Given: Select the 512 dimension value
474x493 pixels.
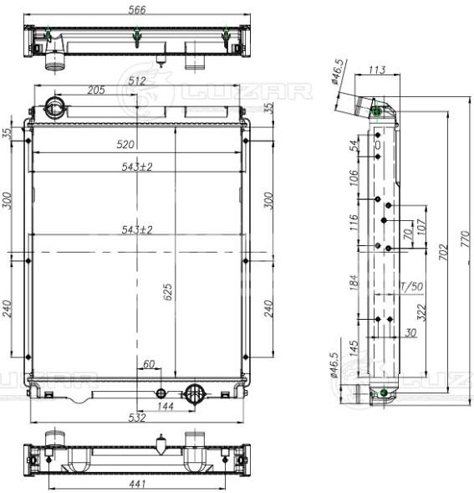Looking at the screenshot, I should click(x=138, y=80).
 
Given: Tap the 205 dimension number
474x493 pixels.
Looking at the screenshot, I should click(x=94, y=90).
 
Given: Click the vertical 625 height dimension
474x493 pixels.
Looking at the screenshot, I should click(x=167, y=290).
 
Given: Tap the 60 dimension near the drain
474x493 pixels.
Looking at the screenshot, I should click(x=149, y=364).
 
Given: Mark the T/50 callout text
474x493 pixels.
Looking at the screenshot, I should click(x=412, y=287).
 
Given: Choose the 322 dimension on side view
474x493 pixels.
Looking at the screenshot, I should click(x=421, y=312).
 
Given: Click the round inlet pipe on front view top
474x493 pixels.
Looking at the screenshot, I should click(x=56, y=107).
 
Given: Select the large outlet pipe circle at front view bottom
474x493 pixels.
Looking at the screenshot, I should click(x=196, y=392).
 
